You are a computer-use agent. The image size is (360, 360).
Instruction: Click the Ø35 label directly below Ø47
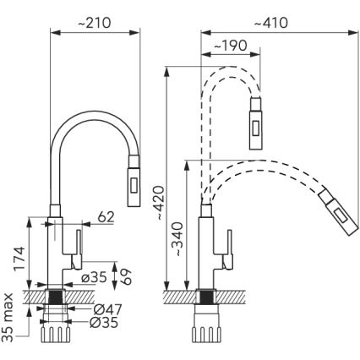(x=98, y=322)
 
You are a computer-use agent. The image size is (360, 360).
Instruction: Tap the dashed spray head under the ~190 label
(x=256, y=119)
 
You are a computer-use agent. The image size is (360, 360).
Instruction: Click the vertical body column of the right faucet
(x=206, y=254)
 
